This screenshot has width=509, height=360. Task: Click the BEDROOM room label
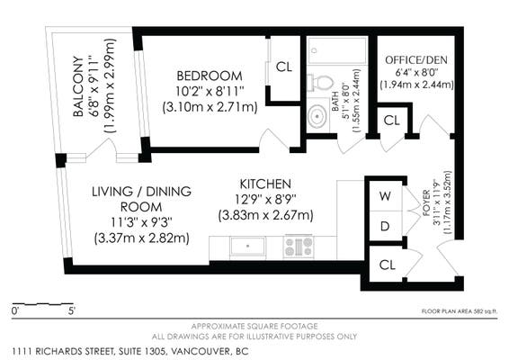210,76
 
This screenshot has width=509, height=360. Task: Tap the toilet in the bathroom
320,83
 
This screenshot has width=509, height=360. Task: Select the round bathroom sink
317,116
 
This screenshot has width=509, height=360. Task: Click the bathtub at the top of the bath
337,50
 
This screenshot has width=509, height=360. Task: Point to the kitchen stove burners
299,247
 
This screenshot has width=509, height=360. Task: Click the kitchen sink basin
247,247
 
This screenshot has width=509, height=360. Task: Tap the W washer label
385,196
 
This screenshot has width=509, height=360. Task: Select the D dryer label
385,226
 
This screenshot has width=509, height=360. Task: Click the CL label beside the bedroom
284,67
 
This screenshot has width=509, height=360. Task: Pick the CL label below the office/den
391,121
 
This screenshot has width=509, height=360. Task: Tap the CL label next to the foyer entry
388,265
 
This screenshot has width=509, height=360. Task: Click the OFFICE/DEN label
416,60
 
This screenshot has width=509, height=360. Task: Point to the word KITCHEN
265,184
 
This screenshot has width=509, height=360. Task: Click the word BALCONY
78,86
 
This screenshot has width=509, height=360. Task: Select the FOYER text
426,203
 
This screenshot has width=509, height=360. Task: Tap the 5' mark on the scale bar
72,310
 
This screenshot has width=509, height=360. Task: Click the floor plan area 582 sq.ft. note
460,311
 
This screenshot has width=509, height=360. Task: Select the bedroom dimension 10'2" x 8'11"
210,92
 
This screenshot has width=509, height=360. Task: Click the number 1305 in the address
154,351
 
